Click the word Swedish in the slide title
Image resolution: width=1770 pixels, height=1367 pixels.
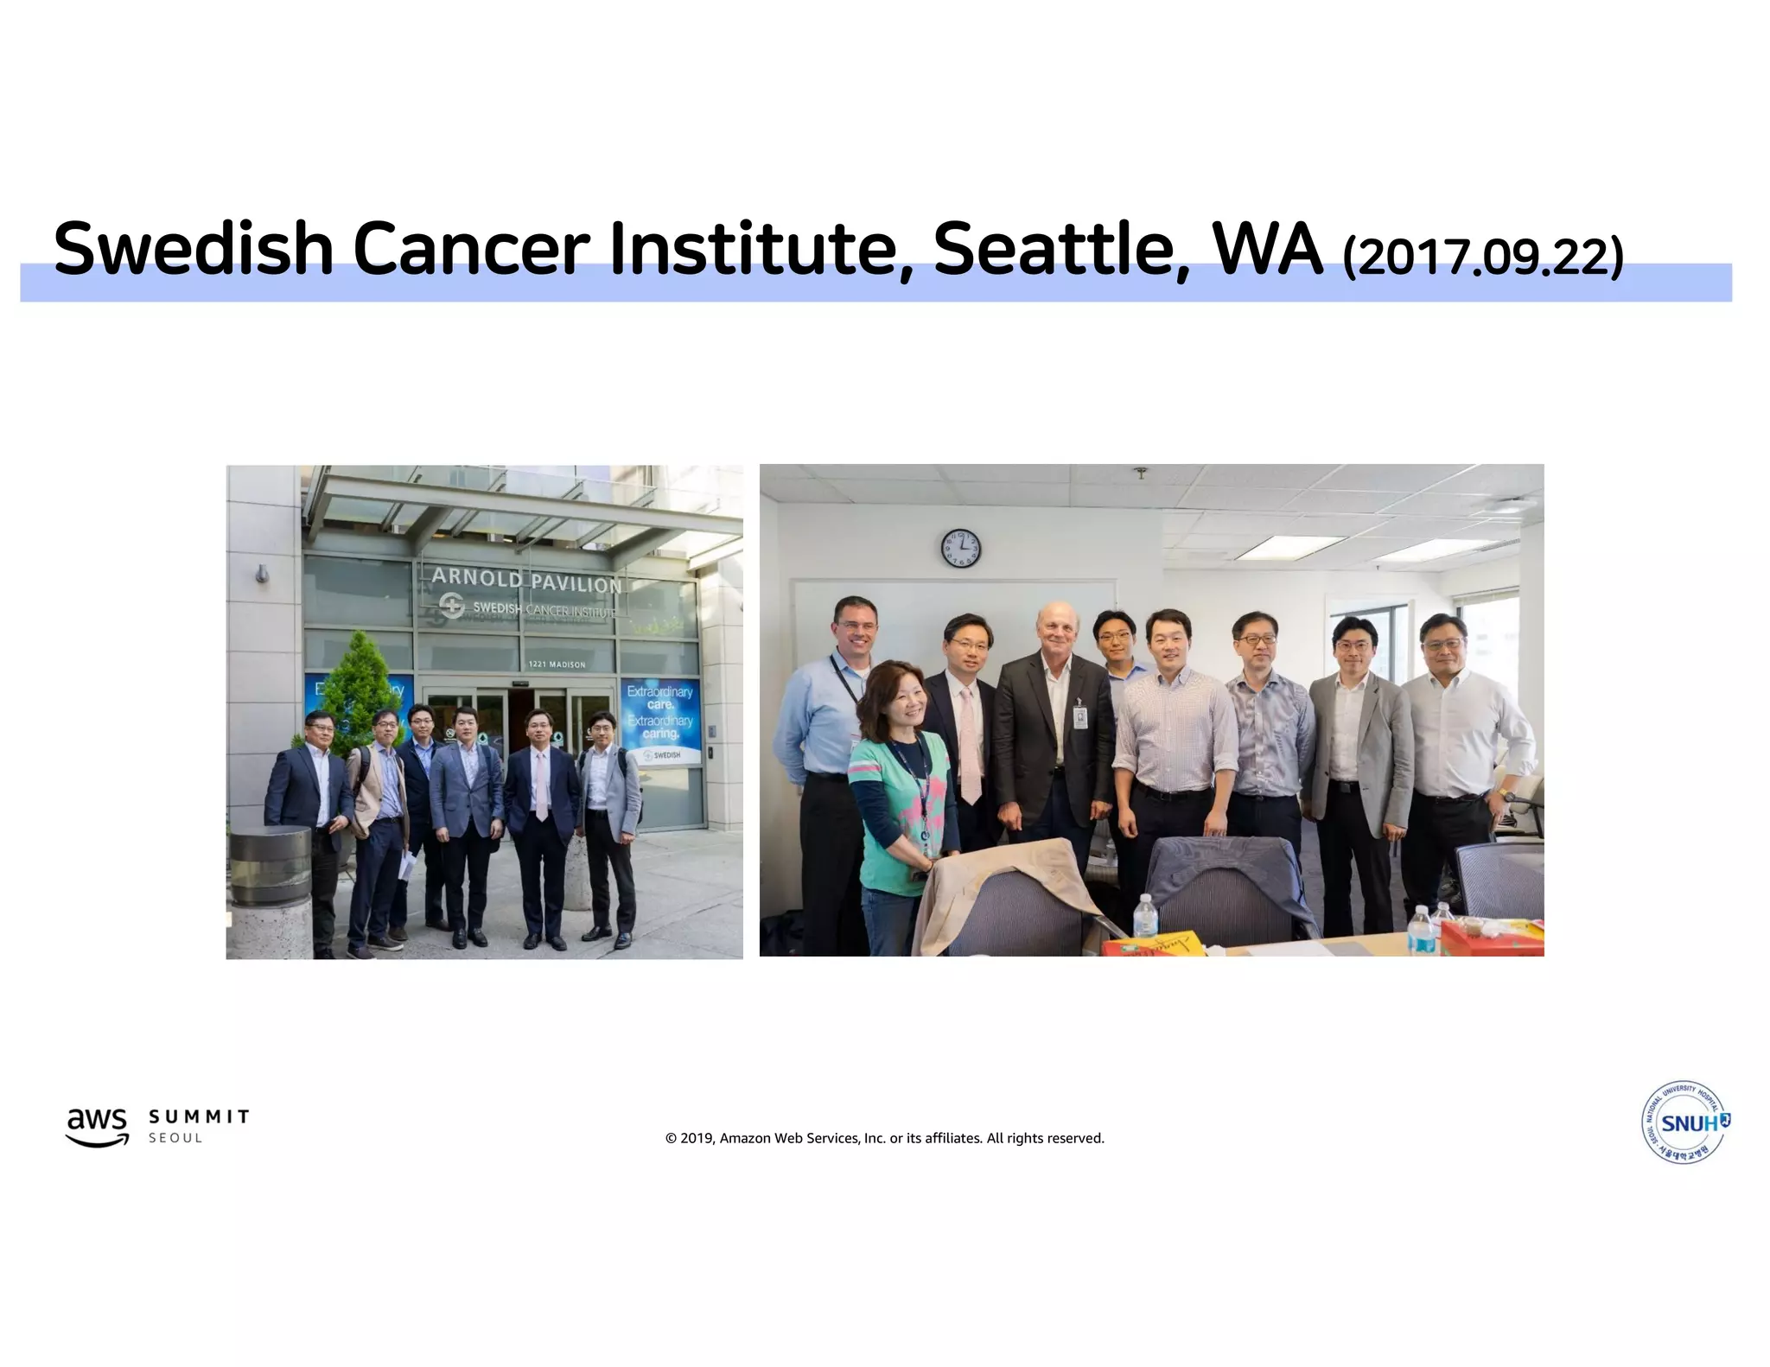pyautogui.click(x=193, y=249)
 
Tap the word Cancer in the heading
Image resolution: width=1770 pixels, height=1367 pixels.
pyautogui.click(x=471, y=249)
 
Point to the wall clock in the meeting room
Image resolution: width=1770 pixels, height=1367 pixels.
pyautogui.click(x=960, y=548)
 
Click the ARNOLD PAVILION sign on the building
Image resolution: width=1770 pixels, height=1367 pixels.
pyautogui.click(x=526, y=580)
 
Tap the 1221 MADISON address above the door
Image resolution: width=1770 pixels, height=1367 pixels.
pyautogui.click(x=557, y=664)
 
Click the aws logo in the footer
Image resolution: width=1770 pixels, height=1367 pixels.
pyautogui.click(x=98, y=1126)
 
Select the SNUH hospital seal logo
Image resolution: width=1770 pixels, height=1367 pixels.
pyautogui.click(x=1684, y=1122)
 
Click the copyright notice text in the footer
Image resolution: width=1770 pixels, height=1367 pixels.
pyautogui.click(x=884, y=1138)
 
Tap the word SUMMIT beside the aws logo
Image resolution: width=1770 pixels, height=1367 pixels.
pyautogui.click(x=199, y=1116)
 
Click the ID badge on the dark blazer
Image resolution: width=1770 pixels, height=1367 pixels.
pyautogui.click(x=1079, y=716)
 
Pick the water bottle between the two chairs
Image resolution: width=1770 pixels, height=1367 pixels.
pyautogui.click(x=1143, y=916)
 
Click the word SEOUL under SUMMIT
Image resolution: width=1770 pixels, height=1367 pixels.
pyautogui.click(x=175, y=1138)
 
